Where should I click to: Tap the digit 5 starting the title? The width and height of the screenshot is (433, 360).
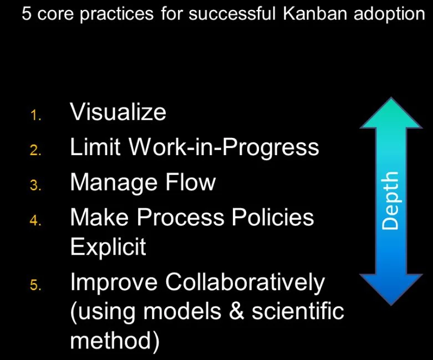click(x=26, y=13)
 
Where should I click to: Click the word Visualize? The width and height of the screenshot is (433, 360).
click(x=118, y=112)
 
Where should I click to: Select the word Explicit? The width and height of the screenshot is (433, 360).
click(x=108, y=247)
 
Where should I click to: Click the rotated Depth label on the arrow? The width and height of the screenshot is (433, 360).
click(x=391, y=200)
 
